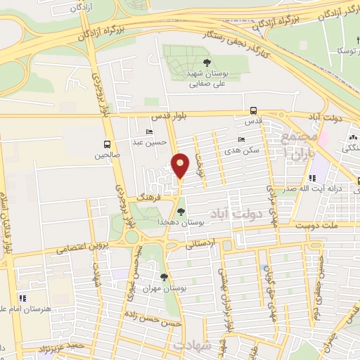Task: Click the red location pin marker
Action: pos(181,165)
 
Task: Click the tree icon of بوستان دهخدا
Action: pos(181,211)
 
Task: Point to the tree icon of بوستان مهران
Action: pos(164,277)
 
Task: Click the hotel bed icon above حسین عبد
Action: pos(149,131)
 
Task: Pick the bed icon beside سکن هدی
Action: pos(242,140)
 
